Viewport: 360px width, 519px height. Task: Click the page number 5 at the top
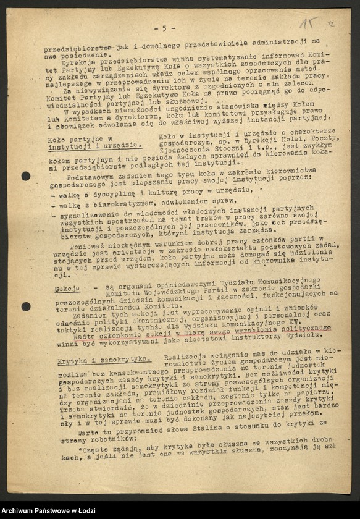pos(164,28)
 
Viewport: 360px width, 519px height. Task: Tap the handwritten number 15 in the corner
pos(309,23)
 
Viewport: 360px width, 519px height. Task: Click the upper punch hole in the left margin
pos(25,176)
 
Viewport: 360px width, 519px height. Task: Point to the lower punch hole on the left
pos(25,306)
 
